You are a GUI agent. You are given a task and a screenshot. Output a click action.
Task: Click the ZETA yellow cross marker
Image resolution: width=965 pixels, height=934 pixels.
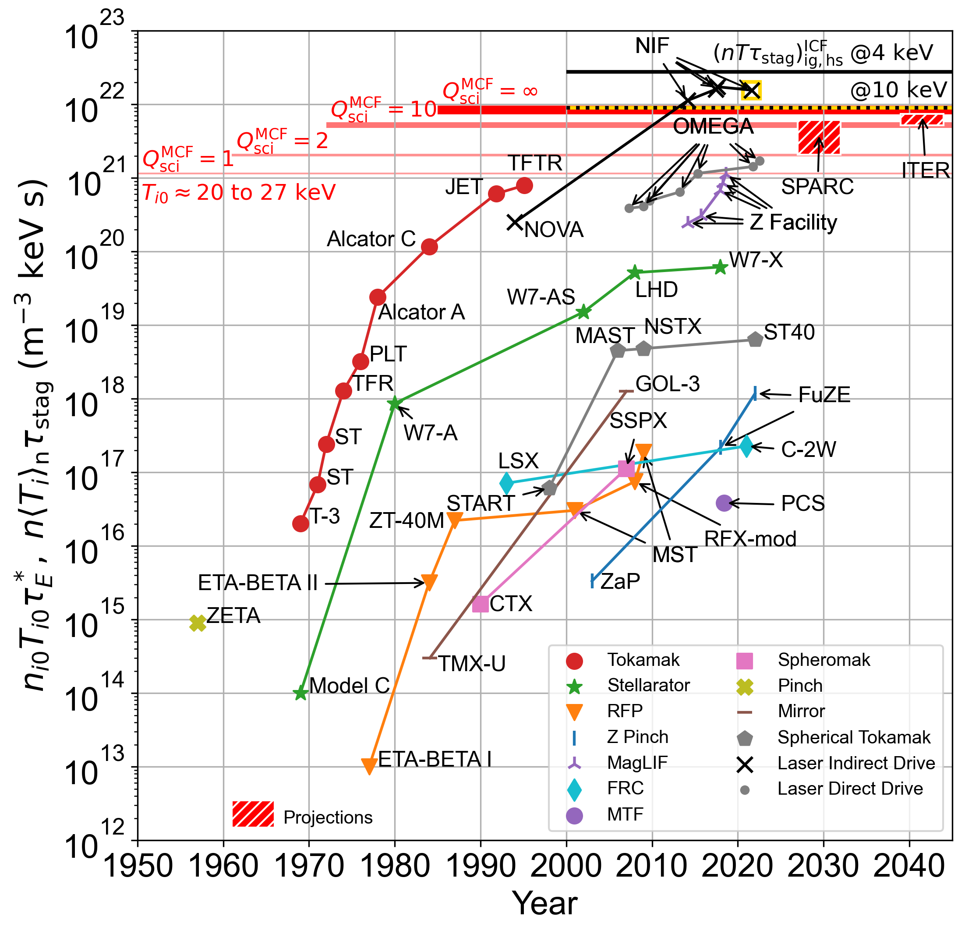click(x=198, y=623)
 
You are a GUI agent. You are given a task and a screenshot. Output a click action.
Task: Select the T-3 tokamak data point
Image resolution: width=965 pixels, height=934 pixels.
click(x=300, y=524)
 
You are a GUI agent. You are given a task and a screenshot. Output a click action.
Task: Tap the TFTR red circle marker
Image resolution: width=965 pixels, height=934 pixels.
click(x=524, y=186)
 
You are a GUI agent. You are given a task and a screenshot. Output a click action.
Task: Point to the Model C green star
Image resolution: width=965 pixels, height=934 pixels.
click(x=300, y=693)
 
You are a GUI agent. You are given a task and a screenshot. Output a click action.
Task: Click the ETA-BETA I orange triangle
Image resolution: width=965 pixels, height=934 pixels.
click(x=369, y=766)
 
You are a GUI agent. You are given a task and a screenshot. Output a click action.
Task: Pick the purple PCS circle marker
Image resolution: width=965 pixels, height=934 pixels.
click(x=723, y=502)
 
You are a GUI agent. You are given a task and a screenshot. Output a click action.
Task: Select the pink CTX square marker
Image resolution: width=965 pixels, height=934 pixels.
click(x=480, y=604)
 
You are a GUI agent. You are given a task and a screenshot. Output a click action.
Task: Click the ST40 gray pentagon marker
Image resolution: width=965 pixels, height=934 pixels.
click(x=755, y=339)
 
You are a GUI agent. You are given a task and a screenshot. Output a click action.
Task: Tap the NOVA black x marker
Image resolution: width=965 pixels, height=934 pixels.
click(x=515, y=223)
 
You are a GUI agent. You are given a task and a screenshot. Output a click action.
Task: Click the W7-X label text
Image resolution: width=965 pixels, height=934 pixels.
click(x=755, y=260)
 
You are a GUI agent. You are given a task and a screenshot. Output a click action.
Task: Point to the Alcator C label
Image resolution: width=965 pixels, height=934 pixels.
click(x=371, y=239)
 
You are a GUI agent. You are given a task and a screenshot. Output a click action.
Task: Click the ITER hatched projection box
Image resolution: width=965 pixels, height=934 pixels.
click(x=922, y=119)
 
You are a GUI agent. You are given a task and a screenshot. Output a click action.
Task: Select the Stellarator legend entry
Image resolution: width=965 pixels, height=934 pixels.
click(x=648, y=685)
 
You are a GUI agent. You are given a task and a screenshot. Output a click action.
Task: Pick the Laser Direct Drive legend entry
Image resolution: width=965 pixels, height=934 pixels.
click(x=850, y=788)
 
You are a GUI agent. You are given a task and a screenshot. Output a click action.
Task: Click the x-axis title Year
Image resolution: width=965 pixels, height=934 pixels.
click(x=544, y=903)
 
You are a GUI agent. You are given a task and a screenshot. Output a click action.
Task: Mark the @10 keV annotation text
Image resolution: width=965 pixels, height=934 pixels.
click(x=898, y=90)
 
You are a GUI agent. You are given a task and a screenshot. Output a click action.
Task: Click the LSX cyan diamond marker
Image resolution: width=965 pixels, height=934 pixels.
click(x=506, y=483)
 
